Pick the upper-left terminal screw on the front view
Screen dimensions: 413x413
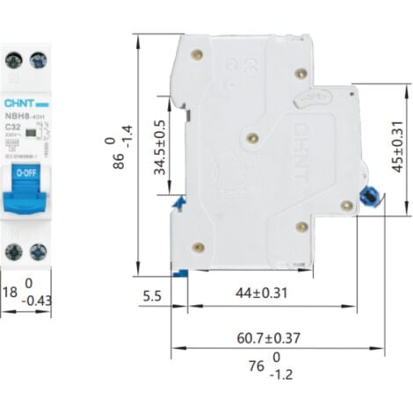coord(13,61)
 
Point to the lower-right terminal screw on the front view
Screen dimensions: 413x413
coord(38,251)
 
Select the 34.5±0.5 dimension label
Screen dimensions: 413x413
coord(161,149)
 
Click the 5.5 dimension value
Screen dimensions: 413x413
coord(151,295)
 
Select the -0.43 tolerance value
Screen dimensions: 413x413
coord(35,301)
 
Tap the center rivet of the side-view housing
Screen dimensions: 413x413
coord(253,137)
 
